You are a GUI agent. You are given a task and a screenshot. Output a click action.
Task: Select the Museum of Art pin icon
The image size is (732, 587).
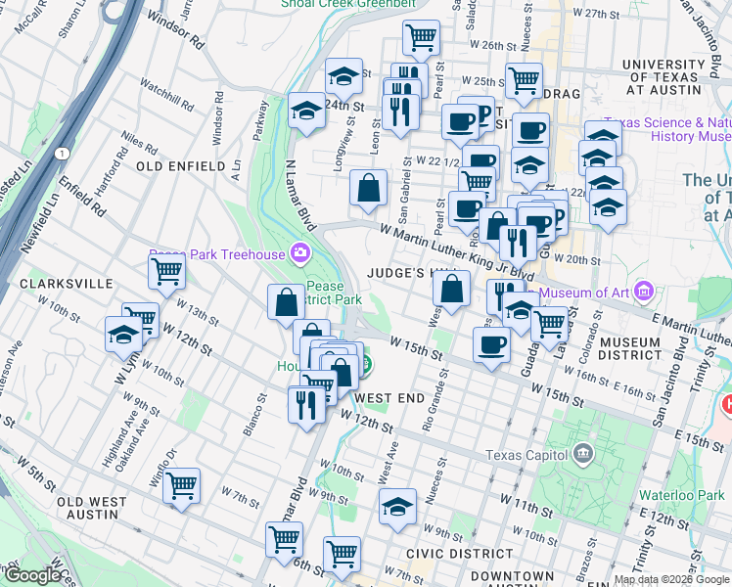(643, 291)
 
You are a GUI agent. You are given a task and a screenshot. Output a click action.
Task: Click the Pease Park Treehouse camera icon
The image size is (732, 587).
(300, 254)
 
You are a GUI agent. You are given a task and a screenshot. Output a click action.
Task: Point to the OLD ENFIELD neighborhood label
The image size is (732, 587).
(181, 167)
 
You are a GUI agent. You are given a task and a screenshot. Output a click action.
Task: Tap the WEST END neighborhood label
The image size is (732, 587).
(389, 398)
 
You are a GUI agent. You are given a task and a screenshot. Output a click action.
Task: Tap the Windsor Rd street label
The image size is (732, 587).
(174, 31)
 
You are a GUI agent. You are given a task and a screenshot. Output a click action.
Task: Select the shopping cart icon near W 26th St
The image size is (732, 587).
(421, 37)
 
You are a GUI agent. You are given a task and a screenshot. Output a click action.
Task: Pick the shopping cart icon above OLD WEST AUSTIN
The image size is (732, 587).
(182, 483)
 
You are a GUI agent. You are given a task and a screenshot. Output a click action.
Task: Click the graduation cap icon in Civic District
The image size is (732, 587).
(397, 507)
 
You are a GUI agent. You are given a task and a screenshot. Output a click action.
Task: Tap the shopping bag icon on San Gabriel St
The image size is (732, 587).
(368, 188)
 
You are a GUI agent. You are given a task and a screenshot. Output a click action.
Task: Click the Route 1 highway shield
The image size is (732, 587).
(63, 154)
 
